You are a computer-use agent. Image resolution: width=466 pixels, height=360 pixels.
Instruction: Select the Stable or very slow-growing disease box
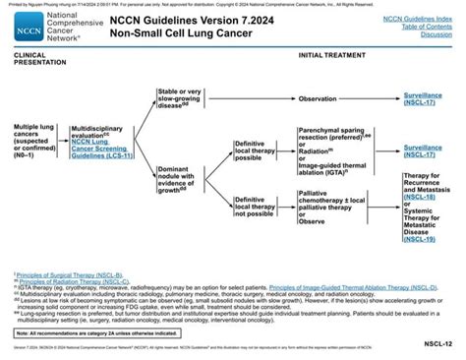(183, 98)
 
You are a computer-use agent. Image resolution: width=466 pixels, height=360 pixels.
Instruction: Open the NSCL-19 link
(422, 239)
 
